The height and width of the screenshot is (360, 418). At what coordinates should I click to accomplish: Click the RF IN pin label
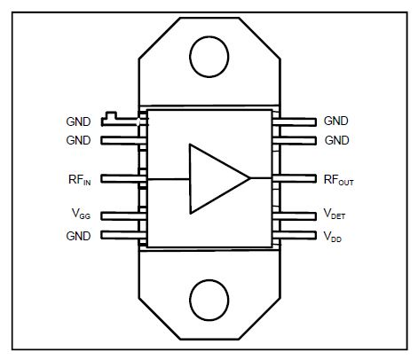coord(80,180)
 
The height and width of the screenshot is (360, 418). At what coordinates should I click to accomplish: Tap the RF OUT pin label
coord(339,180)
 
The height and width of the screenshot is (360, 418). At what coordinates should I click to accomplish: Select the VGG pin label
coord(81,214)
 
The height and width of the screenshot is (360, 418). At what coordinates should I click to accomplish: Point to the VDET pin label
coord(335,214)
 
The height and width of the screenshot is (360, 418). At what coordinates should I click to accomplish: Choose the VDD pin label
coord(333,237)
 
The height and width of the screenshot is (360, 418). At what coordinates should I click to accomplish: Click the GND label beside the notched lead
coord(78,121)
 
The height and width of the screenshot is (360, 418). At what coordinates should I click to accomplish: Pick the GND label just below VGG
coord(78,236)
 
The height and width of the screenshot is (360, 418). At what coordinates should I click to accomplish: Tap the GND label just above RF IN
coord(78,140)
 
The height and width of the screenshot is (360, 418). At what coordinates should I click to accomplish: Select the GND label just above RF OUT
coord(337,140)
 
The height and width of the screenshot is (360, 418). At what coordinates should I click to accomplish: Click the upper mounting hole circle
coord(209,57)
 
